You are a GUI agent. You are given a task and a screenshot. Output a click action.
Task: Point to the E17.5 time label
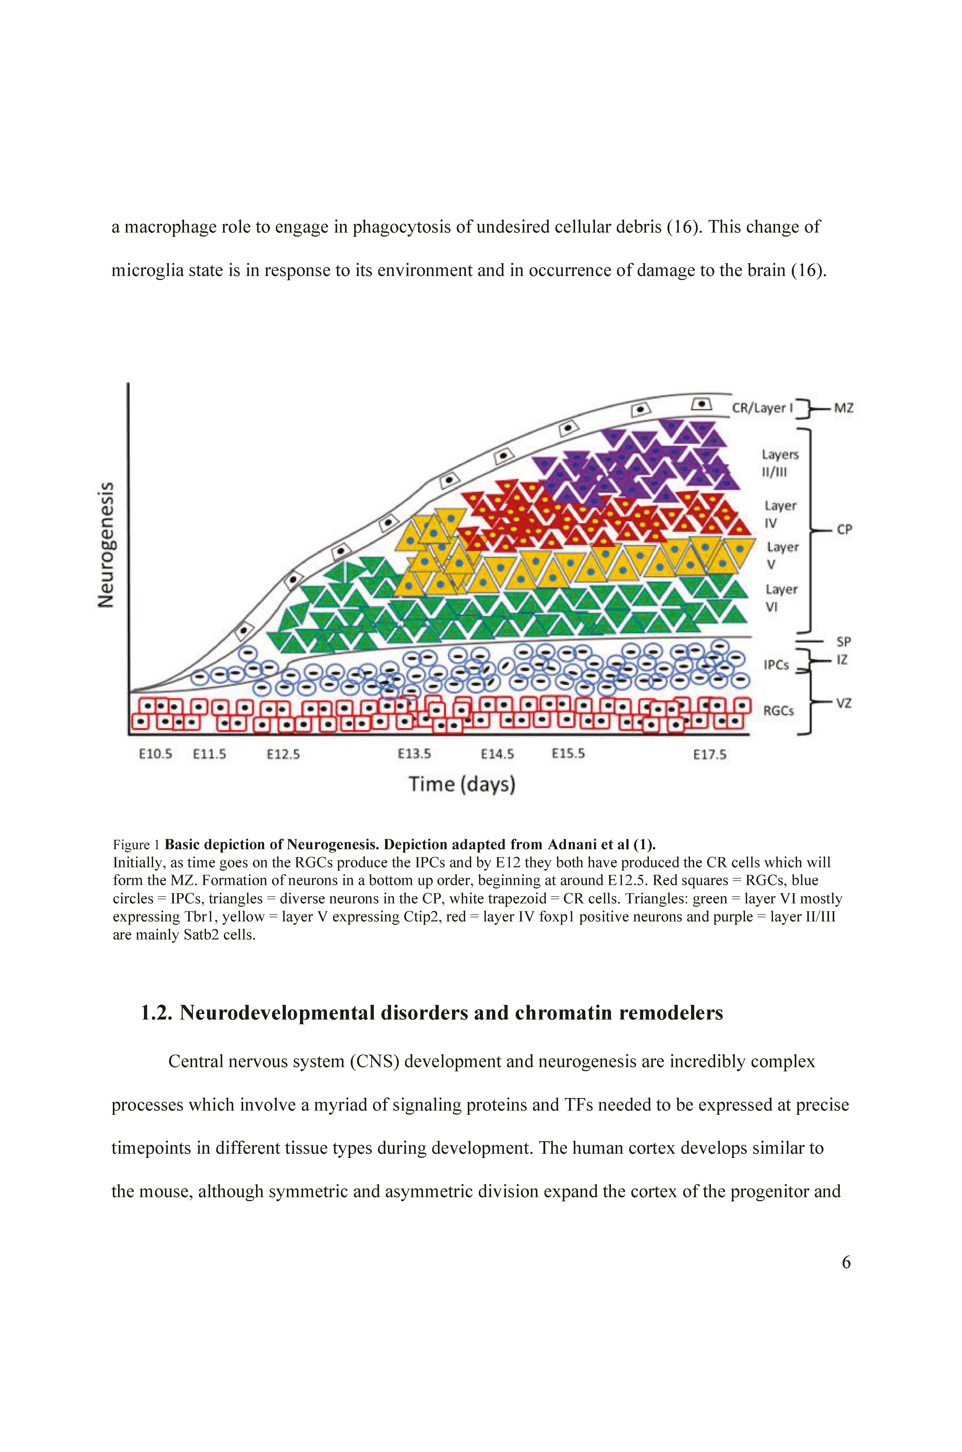click(x=710, y=754)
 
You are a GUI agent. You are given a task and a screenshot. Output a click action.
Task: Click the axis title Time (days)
click(x=462, y=784)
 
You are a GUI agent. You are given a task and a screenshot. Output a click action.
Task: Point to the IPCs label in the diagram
click(x=776, y=665)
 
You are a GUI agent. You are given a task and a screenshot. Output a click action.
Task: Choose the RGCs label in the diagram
click(x=779, y=711)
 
